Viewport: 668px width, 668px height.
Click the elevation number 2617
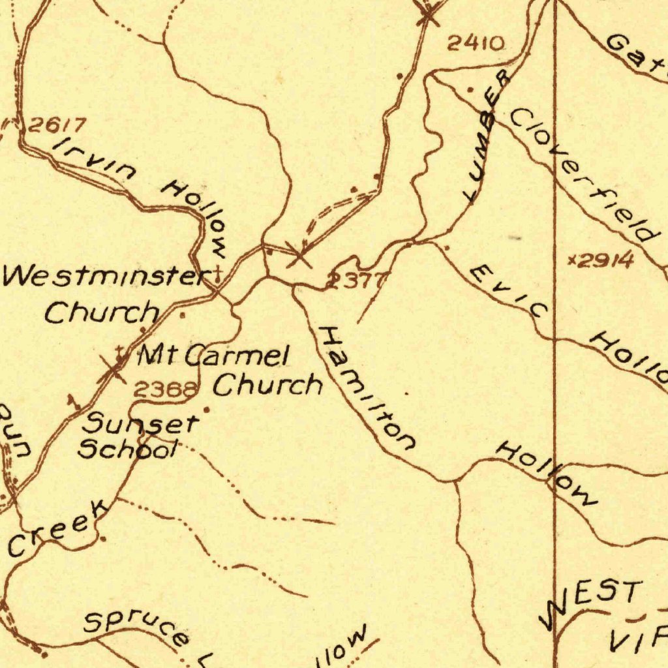pos(57,125)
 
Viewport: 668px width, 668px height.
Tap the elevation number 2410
pos(476,44)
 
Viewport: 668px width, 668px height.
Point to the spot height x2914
pos(600,261)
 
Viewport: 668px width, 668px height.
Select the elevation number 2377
pos(356,281)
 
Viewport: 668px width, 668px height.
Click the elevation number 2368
pos(166,390)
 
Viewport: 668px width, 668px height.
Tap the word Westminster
pos(104,277)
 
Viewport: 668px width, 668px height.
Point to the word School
pos(127,449)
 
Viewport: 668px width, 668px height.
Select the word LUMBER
pos(486,135)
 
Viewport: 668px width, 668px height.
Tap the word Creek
pos(57,528)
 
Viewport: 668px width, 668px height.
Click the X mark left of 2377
pos(299,255)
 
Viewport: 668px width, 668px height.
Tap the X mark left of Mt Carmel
pos(112,371)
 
